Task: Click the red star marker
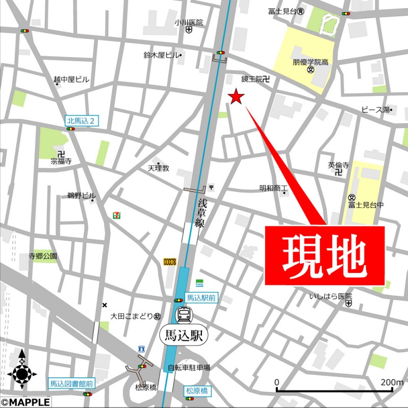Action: [x=236, y=96]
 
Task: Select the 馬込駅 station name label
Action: [x=184, y=335]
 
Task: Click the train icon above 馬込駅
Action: [x=184, y=315]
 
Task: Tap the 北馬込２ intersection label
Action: [x=82, y=121]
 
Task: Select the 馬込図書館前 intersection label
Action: [x=71, y=384]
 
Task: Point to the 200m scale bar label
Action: [x=391, y=382]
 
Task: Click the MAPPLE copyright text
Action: [x=25, y=403]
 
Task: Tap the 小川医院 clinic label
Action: [x=188, y=22]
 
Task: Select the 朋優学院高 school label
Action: [x=310, y=62]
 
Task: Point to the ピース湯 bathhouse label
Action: [x=376, y=110]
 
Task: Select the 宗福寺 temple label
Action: [x=61, y=161]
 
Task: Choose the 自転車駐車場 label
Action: [x=189, y=368]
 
